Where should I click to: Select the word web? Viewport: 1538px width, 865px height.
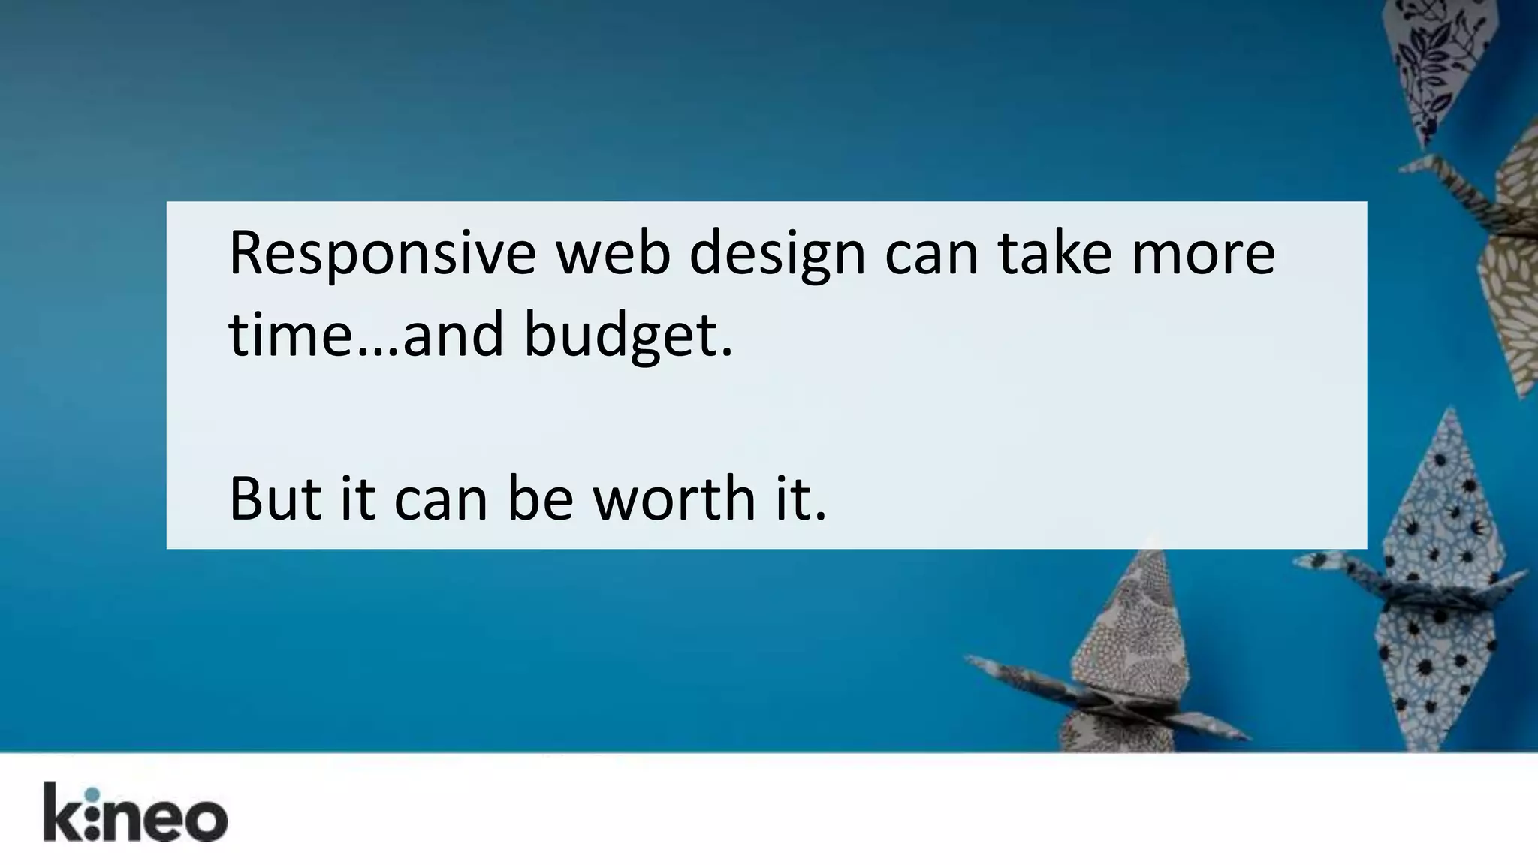point(612,254)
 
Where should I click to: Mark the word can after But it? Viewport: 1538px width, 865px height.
point(441,499)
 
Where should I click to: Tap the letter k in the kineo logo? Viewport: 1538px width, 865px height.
point(60,812)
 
